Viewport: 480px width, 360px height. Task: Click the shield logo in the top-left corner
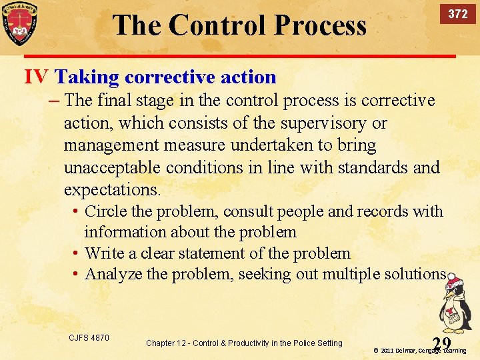click(x=19, y=23)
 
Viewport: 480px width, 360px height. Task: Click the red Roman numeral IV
click(x=36, y=77)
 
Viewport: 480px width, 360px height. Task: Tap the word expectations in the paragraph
click(x=112, y=189)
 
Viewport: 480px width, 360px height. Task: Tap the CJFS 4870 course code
click(x=89, y=338)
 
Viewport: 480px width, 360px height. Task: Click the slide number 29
click(x=441, y=343)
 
